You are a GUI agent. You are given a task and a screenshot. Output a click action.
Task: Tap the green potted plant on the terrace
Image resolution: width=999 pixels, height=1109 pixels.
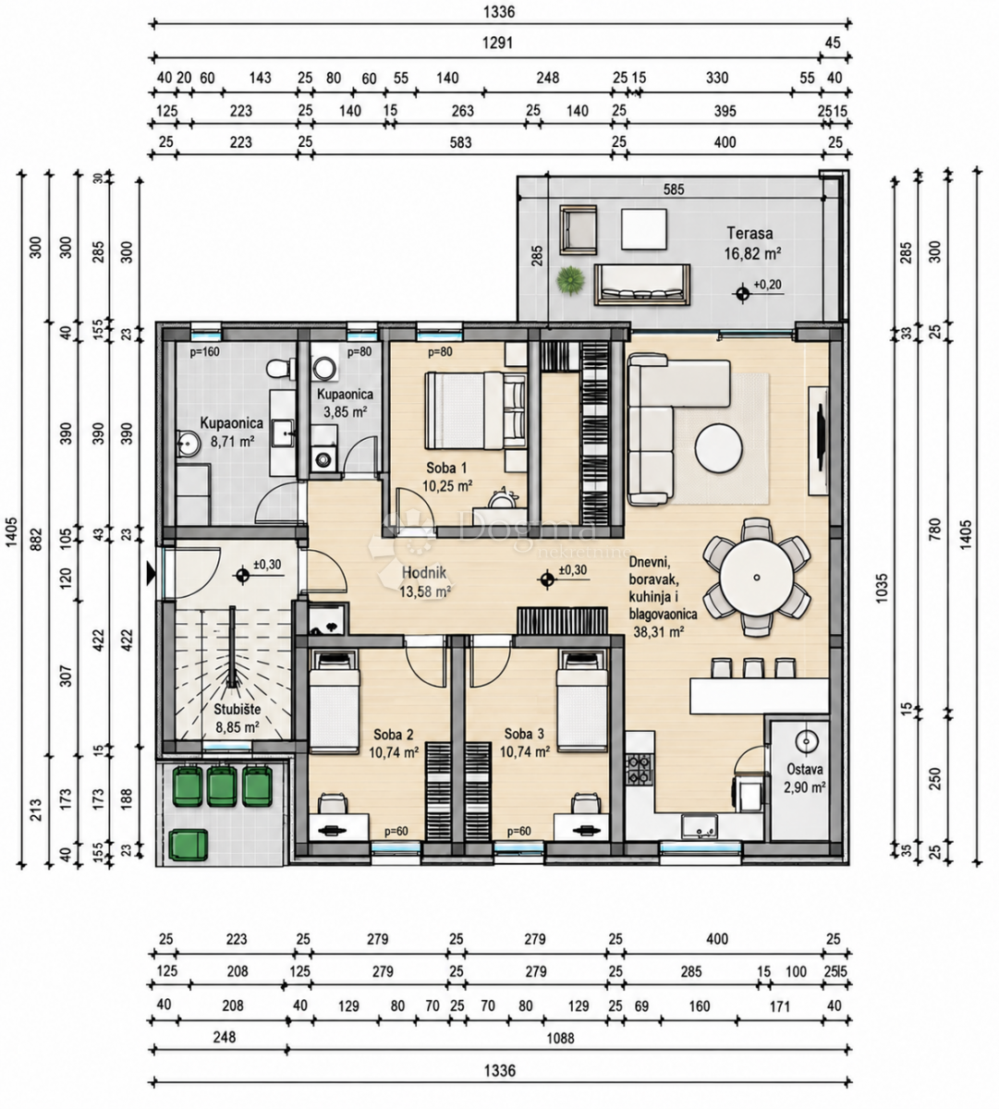[571, 281]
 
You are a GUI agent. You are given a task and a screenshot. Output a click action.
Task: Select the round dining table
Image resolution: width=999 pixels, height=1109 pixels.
[757, 578]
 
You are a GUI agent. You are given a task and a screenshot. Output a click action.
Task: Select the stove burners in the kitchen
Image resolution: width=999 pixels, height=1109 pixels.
[640, 769]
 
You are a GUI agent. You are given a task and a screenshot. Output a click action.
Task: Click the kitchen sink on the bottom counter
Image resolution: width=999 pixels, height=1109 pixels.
[700, 826]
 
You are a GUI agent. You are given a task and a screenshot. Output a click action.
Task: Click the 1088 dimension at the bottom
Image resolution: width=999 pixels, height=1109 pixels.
[561, 1038]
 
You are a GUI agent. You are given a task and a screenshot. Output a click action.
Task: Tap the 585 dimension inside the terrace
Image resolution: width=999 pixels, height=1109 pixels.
[674, 189]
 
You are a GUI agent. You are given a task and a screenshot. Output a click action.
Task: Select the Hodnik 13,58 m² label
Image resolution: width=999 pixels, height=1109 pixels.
[424, 582]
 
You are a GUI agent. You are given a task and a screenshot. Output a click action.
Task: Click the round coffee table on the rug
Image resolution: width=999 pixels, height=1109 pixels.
[719, 448]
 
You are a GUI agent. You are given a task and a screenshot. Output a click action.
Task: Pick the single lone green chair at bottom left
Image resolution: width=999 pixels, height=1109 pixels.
[188, 846]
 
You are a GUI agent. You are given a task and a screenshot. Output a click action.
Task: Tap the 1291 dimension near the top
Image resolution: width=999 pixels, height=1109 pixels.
[498, 43]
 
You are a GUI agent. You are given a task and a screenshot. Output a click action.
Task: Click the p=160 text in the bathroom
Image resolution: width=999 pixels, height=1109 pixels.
[204, 351]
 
